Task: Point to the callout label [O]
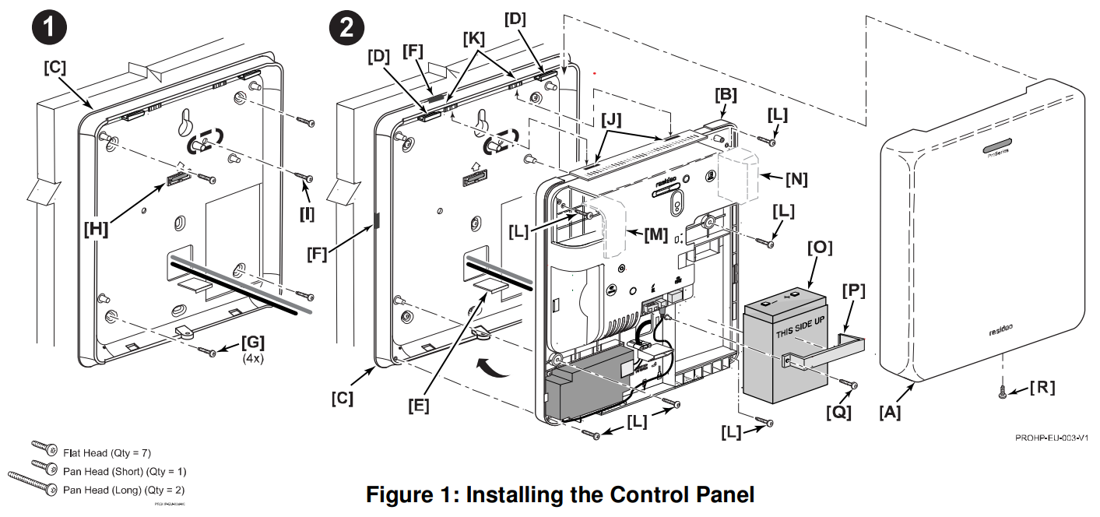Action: pos(819,248)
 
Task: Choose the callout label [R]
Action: pos(1043,388)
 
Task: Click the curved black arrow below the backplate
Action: pos(494,365)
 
